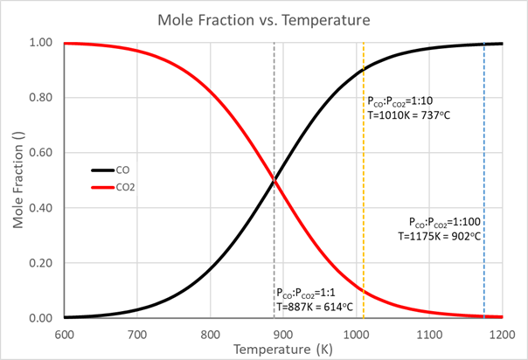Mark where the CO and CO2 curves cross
coord(274,181)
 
